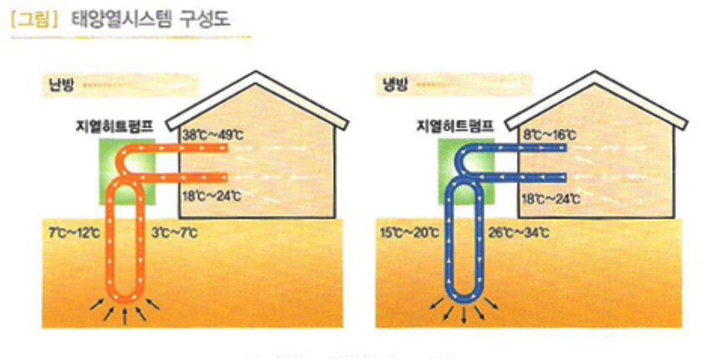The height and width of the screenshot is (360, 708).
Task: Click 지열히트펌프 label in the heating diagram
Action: click(x=113, y=127)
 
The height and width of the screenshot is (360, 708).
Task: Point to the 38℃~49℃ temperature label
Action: click(x=211, y=134)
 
